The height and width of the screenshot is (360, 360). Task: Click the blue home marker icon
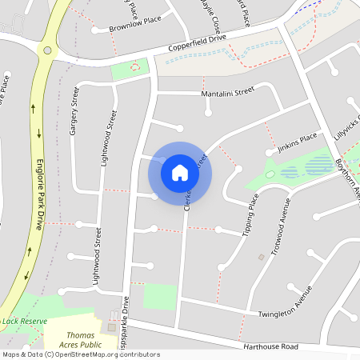(x=180, y=172)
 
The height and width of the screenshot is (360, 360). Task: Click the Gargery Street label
(x=76, y=111)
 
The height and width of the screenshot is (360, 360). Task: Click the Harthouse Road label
(x=272, y=346)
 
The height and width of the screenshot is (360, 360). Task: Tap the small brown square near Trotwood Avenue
(x=261, y=257)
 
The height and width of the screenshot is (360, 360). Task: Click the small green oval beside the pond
(x=270, y=174)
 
